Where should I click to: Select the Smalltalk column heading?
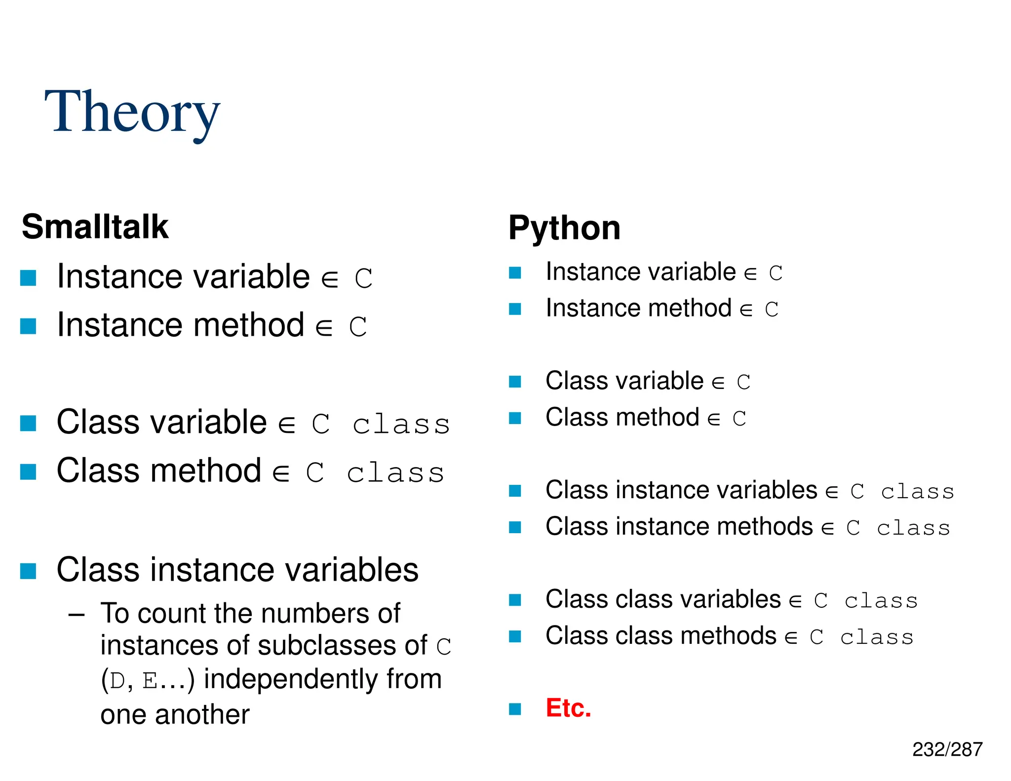click(x=95, y=227)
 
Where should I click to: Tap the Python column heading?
click(x=564, y=228)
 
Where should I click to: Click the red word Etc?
click(x=568, y=708)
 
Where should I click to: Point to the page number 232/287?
click(x=947, y=749)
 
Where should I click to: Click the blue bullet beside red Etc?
click(x=515, y=709)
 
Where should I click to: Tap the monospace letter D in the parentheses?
click(x=117, y=681)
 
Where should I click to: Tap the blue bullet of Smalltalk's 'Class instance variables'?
click(x=28, y=571)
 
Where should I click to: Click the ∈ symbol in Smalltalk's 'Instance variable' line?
click(x=330, y=279)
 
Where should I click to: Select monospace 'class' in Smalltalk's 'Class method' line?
click(x=395, y=473)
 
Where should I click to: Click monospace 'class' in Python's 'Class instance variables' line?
click(x=917, y=492)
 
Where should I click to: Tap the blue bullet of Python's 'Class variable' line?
click(x=515, y=382)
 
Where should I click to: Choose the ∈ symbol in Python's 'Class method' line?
click(x=714, y=420)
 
